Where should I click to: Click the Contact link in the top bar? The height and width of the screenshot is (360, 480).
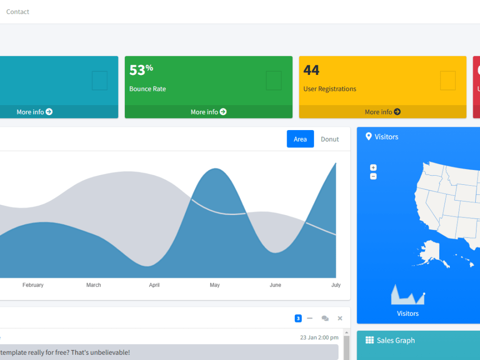coord(18,12)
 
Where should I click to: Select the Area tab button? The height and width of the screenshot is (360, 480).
coord(300,139)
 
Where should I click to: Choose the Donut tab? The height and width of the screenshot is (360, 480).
coord(330,139)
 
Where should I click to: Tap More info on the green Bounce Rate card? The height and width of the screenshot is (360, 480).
coord(208,112)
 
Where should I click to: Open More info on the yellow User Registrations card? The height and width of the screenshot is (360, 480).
coord(383,112)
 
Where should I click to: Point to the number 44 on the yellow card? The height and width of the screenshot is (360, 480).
coord(312,70)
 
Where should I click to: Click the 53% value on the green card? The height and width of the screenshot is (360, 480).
coord(141,70)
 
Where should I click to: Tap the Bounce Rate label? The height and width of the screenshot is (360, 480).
coord(147,89)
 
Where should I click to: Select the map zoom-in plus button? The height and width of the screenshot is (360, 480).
coord(373,168)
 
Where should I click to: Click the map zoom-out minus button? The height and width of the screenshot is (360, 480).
coord(373,176)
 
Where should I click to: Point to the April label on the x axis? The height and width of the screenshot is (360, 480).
coord(154,285)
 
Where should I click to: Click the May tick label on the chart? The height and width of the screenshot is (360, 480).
coord(215,285)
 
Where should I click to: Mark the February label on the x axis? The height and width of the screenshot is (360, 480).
coord(33,285)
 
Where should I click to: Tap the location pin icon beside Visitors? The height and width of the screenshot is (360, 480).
coord(369,137)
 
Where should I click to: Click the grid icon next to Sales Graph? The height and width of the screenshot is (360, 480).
coord(370,340)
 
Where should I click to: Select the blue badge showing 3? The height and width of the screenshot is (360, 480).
coord(298,318)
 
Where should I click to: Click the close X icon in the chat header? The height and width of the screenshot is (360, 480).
coord(340,318)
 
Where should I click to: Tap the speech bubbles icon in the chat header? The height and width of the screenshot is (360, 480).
coord(325,318)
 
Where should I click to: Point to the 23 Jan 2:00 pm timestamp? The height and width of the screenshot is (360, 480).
coord(319,337)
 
